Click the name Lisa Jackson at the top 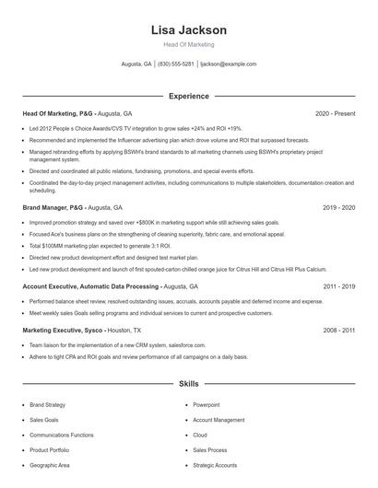(x=188, y=29)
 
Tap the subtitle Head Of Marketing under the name (x=188, y=44)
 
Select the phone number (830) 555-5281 (x=176, y=64)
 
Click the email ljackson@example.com (x=228, y=64)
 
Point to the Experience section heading (x=188, y=95)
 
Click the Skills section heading (x=188, y=382)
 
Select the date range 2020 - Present (x=335, y=113)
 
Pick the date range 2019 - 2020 (x=338, y=209)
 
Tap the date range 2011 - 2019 (x=338, y=287)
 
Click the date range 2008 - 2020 (x=338, y=330)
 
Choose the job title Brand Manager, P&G (x=56, y=209)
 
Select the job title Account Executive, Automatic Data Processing (x=91, y=287)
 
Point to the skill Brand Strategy (x=48, y=404)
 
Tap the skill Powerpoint (x=207, y=404)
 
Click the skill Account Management (x=219, y=419)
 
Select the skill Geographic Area (x=50, y=465)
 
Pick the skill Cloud (x=200, y=435)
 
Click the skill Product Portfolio (x=51, y=450)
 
